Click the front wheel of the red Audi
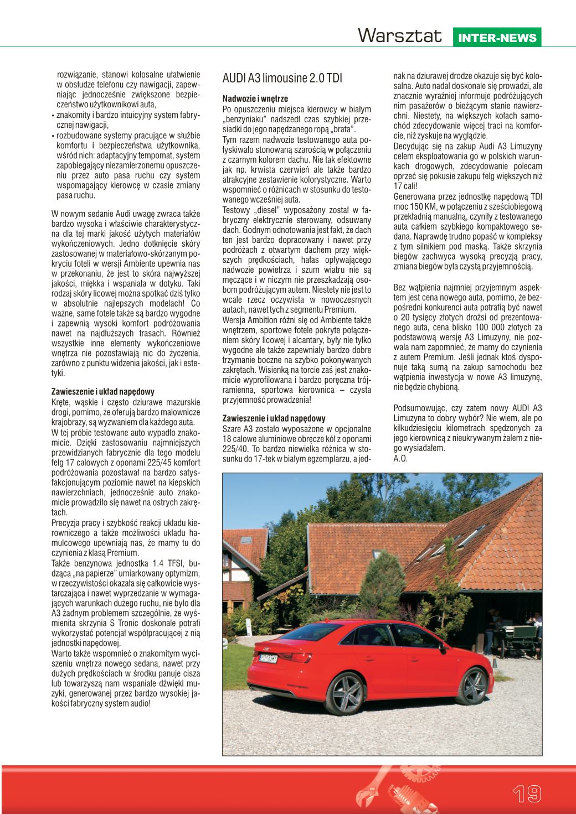click(x=476, y=684)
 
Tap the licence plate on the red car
click(x=269, y=658)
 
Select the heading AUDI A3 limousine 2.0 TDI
click(x=282, y=77)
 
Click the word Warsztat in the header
click(x=400, y=37)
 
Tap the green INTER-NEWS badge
click(x=497, y=38)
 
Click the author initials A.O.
click(x=400, y=459)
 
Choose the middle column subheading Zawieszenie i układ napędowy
click(x=274, y=418)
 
